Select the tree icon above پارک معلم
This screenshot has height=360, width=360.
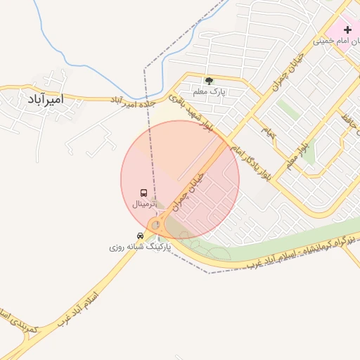[x=209, y=80]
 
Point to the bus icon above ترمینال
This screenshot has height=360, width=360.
[x=143, y=193]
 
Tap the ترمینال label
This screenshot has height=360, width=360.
[x=146, y=204]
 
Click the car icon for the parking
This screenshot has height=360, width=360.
[x=140, y=235]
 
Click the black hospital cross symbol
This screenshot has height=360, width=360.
[x=347, y=30]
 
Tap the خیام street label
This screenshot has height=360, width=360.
[x=268, y=131]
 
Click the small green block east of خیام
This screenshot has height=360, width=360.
[x=288, y=110]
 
